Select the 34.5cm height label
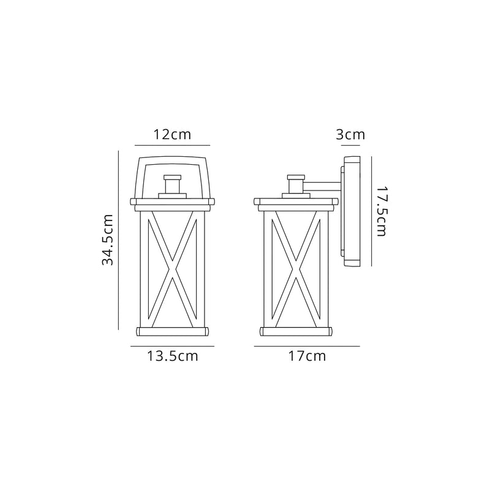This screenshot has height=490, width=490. [108, 240]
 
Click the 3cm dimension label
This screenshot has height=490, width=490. [350, 134]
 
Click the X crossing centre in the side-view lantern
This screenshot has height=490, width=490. [296, 267]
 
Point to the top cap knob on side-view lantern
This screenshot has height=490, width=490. [296, 184]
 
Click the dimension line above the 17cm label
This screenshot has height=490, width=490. [307, 347]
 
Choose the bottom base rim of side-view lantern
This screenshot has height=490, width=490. [296, 331]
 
